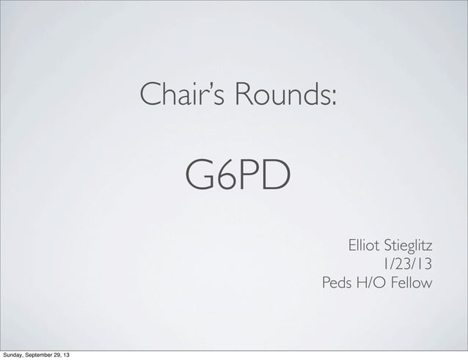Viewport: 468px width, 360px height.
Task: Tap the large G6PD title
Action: [x=238, y=175]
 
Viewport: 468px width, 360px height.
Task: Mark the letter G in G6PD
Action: [x=199, y=175]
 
